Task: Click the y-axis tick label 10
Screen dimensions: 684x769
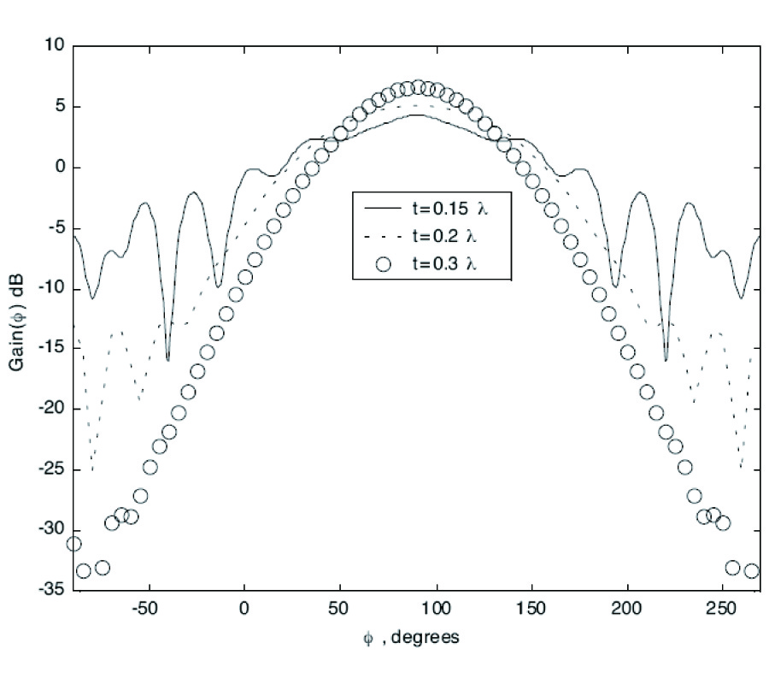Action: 54,46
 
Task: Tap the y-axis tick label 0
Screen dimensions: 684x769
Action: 59,168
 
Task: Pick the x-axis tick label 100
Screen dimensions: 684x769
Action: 437,610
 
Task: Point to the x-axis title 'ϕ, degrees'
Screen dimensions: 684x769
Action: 410,639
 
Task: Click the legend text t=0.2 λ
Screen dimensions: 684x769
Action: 444,236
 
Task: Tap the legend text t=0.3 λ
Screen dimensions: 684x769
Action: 444,264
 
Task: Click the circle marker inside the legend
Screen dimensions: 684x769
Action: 384,264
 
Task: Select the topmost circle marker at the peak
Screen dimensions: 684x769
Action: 417,87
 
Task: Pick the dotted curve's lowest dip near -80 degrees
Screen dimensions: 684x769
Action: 92,470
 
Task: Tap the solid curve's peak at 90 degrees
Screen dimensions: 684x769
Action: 417,115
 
